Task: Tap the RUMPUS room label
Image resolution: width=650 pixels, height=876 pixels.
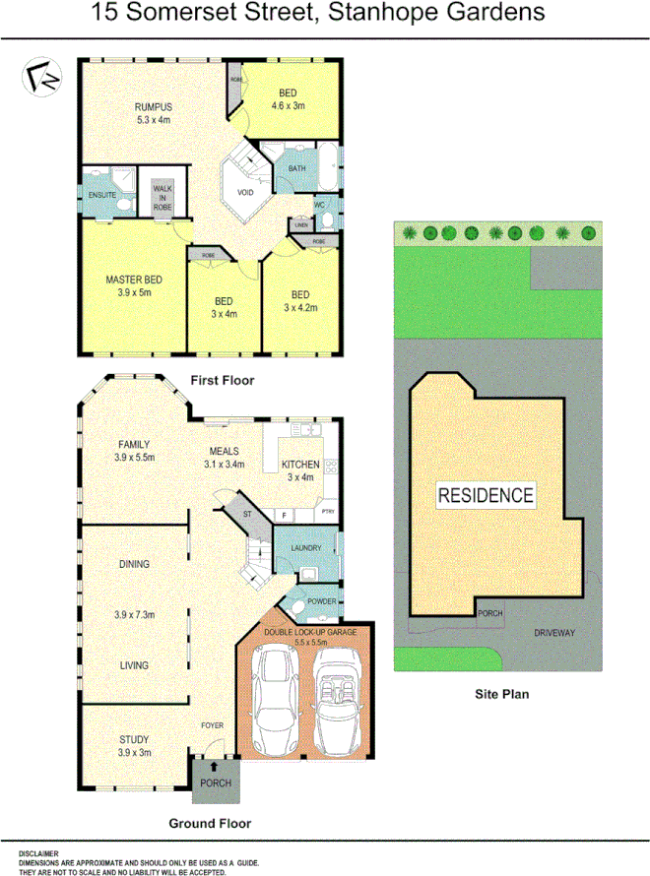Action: point(154,107)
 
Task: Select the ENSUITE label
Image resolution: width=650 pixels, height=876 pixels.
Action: point(102,195)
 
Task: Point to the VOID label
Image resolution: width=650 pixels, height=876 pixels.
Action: point(245,192)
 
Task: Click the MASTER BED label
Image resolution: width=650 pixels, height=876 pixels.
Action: point(133,281)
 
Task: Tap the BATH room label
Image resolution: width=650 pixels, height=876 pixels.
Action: point(295,169)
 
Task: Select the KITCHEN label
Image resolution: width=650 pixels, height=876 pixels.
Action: point(299,464)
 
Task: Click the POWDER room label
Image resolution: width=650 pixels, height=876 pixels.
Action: point(323,601)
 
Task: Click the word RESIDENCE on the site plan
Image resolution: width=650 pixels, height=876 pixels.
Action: point(487,495)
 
